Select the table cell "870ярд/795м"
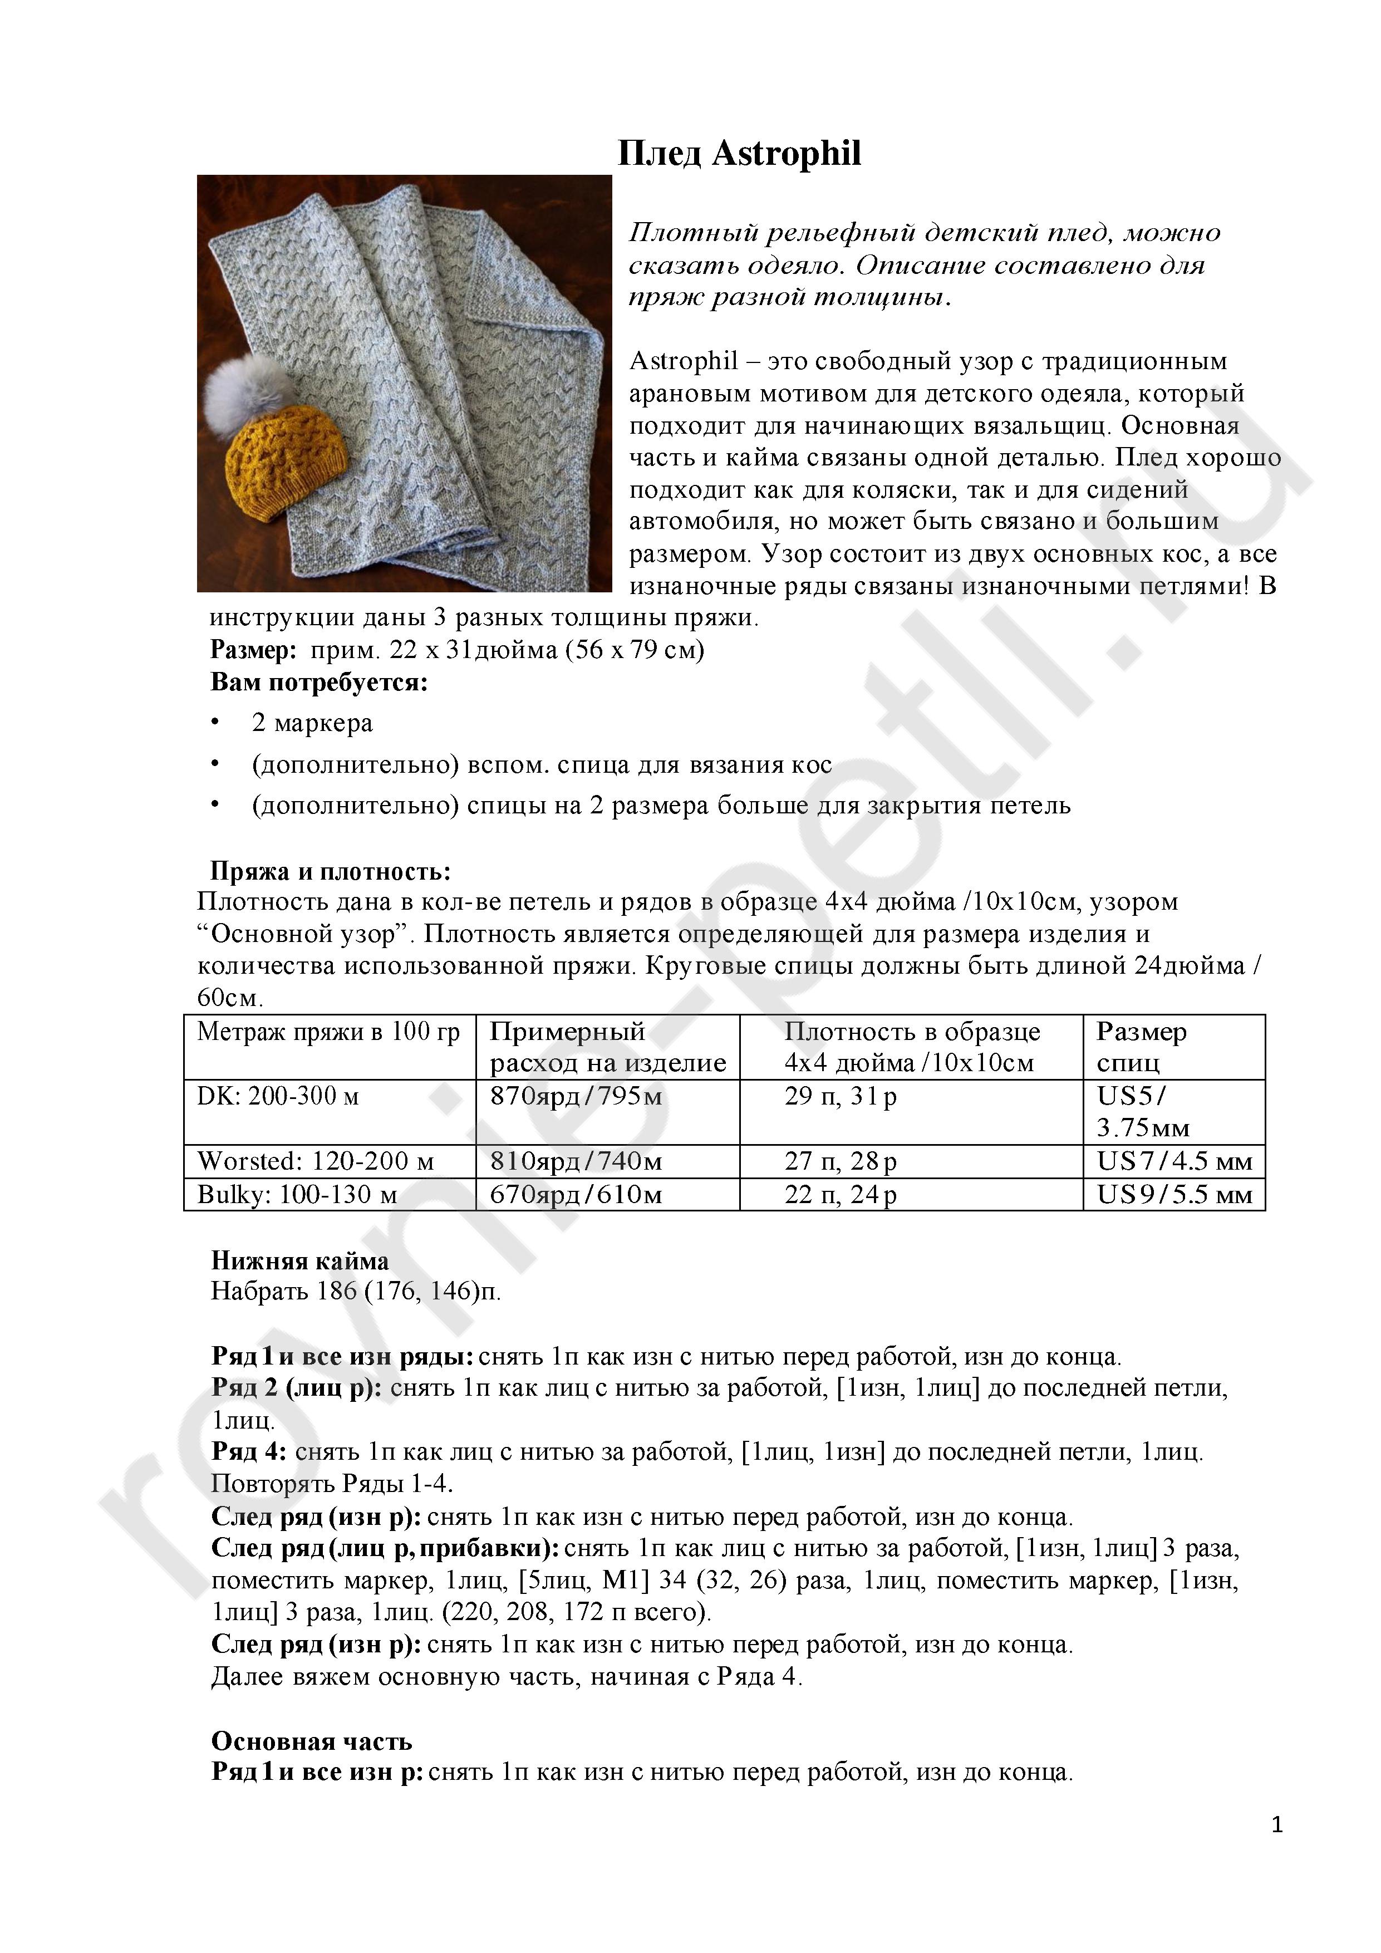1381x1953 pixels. pyautogui.click(x=576, y=1096)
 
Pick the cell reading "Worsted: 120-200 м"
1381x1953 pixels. pyautogui.click(x=316, y=1161)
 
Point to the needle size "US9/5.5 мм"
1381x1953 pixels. pyautogui.click(x=1174, y=1194)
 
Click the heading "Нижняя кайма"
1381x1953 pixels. pyautogui.click(x=299, y=1260)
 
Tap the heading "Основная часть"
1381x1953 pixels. pyautogui.click(x=311, y=1741)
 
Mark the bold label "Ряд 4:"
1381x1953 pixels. pyautogui.click(x=249, y=1452)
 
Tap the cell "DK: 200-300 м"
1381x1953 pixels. pyautogui.click(x=278, y=1096)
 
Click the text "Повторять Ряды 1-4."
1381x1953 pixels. pyautogui.click(x=332, y=1484)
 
